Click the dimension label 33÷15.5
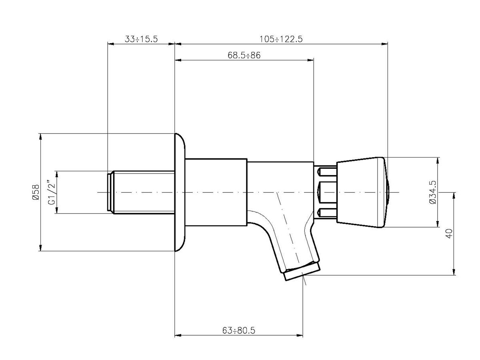[x=142, y=39]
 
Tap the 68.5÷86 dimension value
[x=244, y=56]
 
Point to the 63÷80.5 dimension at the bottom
[x=239, y=330]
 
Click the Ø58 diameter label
[x=35, y=192]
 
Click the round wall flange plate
[x=180, y=192]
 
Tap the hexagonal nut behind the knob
[x=326, y=192]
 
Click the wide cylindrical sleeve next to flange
[x=216, y=192]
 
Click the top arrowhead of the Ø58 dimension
[x=40, y=136]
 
